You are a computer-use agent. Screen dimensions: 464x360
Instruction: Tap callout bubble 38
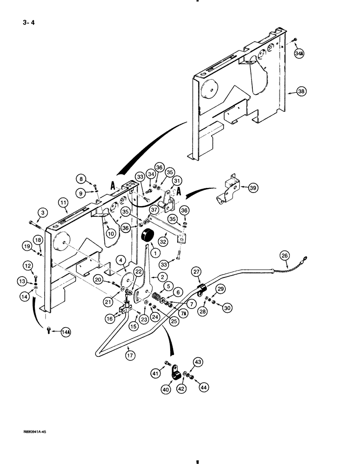[302, 92]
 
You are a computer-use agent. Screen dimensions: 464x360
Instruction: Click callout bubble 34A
[298, 54]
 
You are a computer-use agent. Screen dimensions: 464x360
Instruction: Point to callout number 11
[64, 202]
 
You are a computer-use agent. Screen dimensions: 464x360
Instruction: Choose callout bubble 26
[284, 254]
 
